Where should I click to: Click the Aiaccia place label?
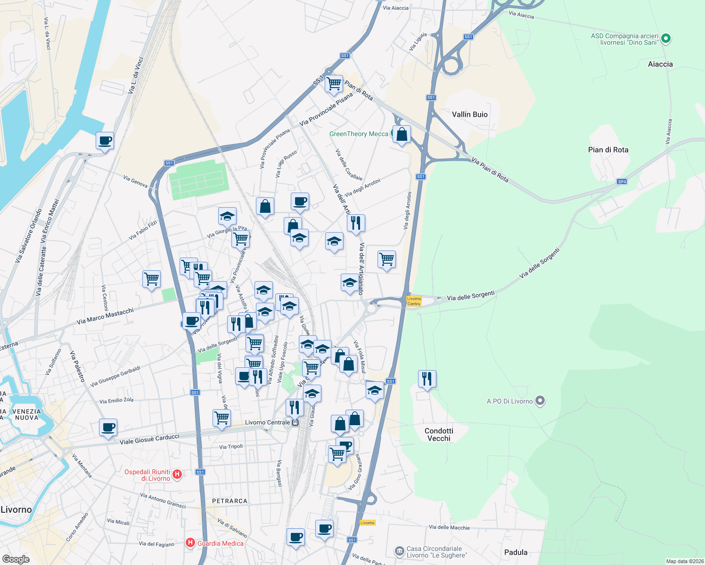click(660, 64)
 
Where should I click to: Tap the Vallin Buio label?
click(469, 114)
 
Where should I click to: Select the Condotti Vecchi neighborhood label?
click(439, 435)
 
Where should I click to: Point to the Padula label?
click(516, 552)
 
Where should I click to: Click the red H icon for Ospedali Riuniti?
click(177, 474)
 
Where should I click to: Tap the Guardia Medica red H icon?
click(190, 543)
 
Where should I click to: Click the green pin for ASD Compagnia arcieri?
click(666, 39)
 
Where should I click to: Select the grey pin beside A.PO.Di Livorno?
click(541, 401)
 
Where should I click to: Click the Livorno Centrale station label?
click(268, 422)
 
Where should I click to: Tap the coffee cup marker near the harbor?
click(105, 140)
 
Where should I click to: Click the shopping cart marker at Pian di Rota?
click(334, 83)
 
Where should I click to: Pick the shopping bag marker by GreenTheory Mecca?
click(402, 134)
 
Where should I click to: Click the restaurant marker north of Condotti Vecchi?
click(426, 378)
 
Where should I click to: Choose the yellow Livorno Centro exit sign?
click(414, 301)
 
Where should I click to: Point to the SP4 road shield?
click(622, 182)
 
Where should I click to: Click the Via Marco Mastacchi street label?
click(105, 316)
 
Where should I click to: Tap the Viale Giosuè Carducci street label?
click(149, 439)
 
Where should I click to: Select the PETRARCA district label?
click(230, 501)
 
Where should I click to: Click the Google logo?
click(16, 559)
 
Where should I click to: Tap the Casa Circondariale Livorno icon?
click(400, 551)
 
